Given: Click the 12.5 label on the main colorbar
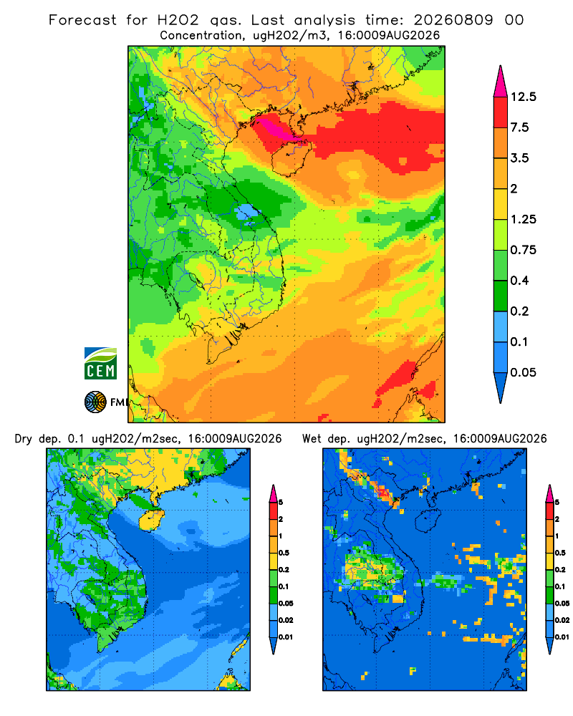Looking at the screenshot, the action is pyautogui.click(x=523, y=97).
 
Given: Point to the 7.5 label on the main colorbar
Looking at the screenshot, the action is pyautogui.click(x=519, y=127).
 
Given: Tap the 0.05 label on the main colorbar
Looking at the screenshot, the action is pyautogui.click(x=523, y=372).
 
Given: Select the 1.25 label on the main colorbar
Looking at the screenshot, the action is pyautogui.click(x=523, y=220).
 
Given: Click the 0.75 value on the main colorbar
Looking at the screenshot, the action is pyautogui.click(x=523, y=250).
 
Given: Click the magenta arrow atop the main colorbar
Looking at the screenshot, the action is pyautogui.click(x=501, y=82).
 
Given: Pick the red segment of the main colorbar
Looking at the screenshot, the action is pyautogui.click(x=501, y=112).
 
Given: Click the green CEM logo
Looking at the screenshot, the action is pyautogui.click(x=100, y=364).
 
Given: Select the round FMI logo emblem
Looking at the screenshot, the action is pyautogui.click(x=95, y=402).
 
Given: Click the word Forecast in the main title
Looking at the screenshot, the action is pyautogui.click(x=82, y=20).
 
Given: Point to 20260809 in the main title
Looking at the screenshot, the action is pyautogui.click(x=453, y=20).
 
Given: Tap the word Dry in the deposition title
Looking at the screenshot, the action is pyautogui.click(x=24, y=439).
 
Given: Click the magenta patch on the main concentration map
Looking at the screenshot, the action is pyautogui.click(x=278, y=128).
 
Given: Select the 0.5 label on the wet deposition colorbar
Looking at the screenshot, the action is pyautogui.click(x=560, y=553).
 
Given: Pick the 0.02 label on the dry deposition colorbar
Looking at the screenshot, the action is pyautogui.click(x=286, y=620).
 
